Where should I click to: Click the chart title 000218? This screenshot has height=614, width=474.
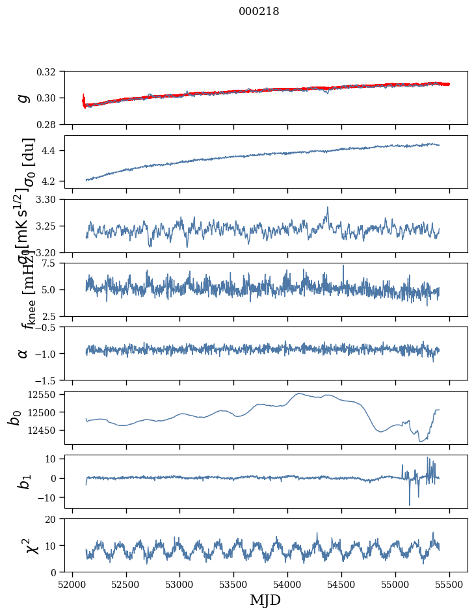[x=259, y=11]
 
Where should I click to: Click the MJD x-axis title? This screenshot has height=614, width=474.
[x=265, y=600]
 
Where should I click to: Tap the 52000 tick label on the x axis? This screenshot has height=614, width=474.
[x=72, y=584]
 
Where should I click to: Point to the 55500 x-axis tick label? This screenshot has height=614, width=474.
[x=449, y=584]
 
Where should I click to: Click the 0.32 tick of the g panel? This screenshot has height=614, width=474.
[x=50, y=72]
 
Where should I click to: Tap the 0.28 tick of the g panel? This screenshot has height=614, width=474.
[x=50, y=124]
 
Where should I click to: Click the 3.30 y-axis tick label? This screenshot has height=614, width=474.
[x=50, y=199]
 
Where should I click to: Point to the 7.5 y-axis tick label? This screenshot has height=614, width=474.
[x=53, y=263]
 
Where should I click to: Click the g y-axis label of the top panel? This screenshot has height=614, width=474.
[x=23, y=98]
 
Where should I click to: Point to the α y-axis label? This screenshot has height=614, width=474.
[x=23, y=353]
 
